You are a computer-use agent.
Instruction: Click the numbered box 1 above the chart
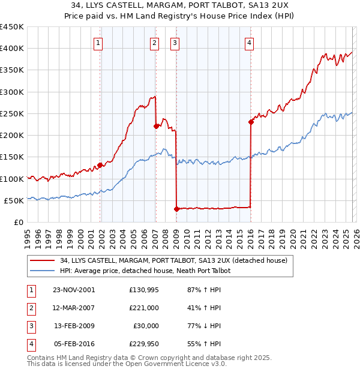coord(98,43)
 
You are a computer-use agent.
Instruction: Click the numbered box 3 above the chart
coord(175,43)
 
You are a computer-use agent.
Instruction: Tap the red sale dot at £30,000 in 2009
coord(176,209)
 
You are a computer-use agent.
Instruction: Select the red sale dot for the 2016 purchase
coord(250,122)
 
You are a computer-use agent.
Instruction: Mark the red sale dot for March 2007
coord(156,126)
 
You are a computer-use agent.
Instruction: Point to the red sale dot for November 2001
coord(100,166)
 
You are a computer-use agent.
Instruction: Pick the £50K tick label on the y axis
coord(14,200)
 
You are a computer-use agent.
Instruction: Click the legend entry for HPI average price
coord(145,271)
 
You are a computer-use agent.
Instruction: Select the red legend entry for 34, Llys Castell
coord(173,260)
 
